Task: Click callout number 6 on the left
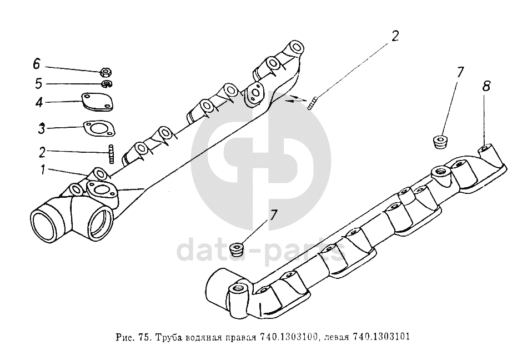pyautogui.click(x=36, y=63)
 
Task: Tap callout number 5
pyautogui.click(x=39, y=83)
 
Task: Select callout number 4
pyautogui.click(x=39, y=102)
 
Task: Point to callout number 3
pyautogui.click(x=41, y=128)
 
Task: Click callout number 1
pyautogui.click(x=43, y=170)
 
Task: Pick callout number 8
pyautogui.click(x=486, y=86)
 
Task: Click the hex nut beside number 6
pyautogui.click(x=106, y=72)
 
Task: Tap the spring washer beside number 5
pyautogui.click(x=107, y=83)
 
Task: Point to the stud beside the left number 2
pyautogui.click(x=111, y=153)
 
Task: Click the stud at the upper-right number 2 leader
pyautogui.click(x=312, y=103)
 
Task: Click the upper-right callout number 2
pyautogui.click(x=395, y=36)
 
